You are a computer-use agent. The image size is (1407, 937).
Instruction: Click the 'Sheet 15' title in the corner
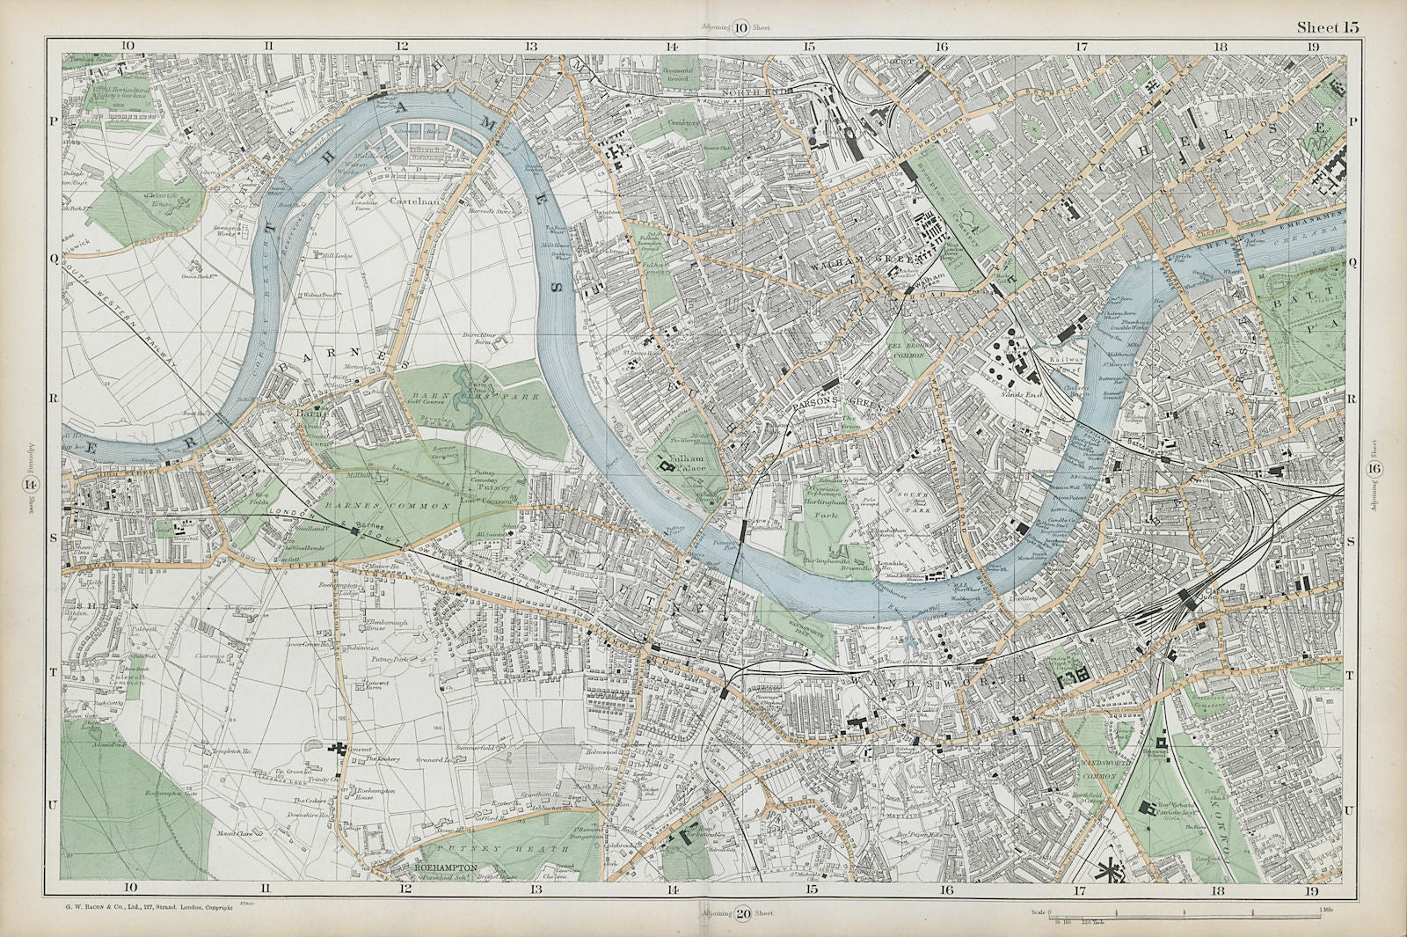pos(1327,27)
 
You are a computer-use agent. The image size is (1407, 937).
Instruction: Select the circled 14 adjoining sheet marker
pos(32,483)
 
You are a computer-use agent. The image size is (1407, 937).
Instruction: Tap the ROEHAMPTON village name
pos(445,867)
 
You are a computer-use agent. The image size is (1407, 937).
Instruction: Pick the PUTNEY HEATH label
pos(484,844)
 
